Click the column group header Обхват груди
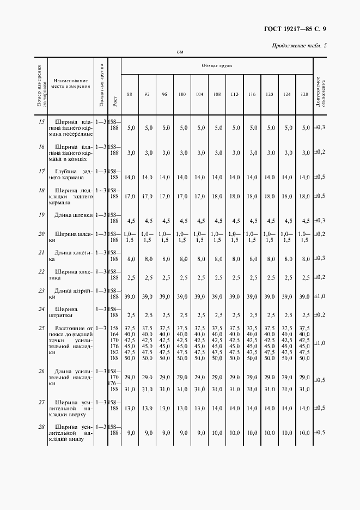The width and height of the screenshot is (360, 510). click(217, 65)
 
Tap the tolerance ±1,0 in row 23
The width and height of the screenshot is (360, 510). click(320, 296)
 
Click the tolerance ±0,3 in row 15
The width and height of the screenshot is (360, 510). click(320, 127)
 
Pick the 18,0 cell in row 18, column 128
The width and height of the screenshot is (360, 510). click(304, 196)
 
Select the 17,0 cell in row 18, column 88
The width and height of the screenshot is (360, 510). click(130, 196)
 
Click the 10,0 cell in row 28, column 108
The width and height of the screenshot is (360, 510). click(217, 433)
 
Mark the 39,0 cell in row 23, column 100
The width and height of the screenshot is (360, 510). click(182, 296)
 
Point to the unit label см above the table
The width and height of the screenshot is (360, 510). click(180, 52)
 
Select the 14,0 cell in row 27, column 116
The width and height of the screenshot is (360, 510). click(252, 408)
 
